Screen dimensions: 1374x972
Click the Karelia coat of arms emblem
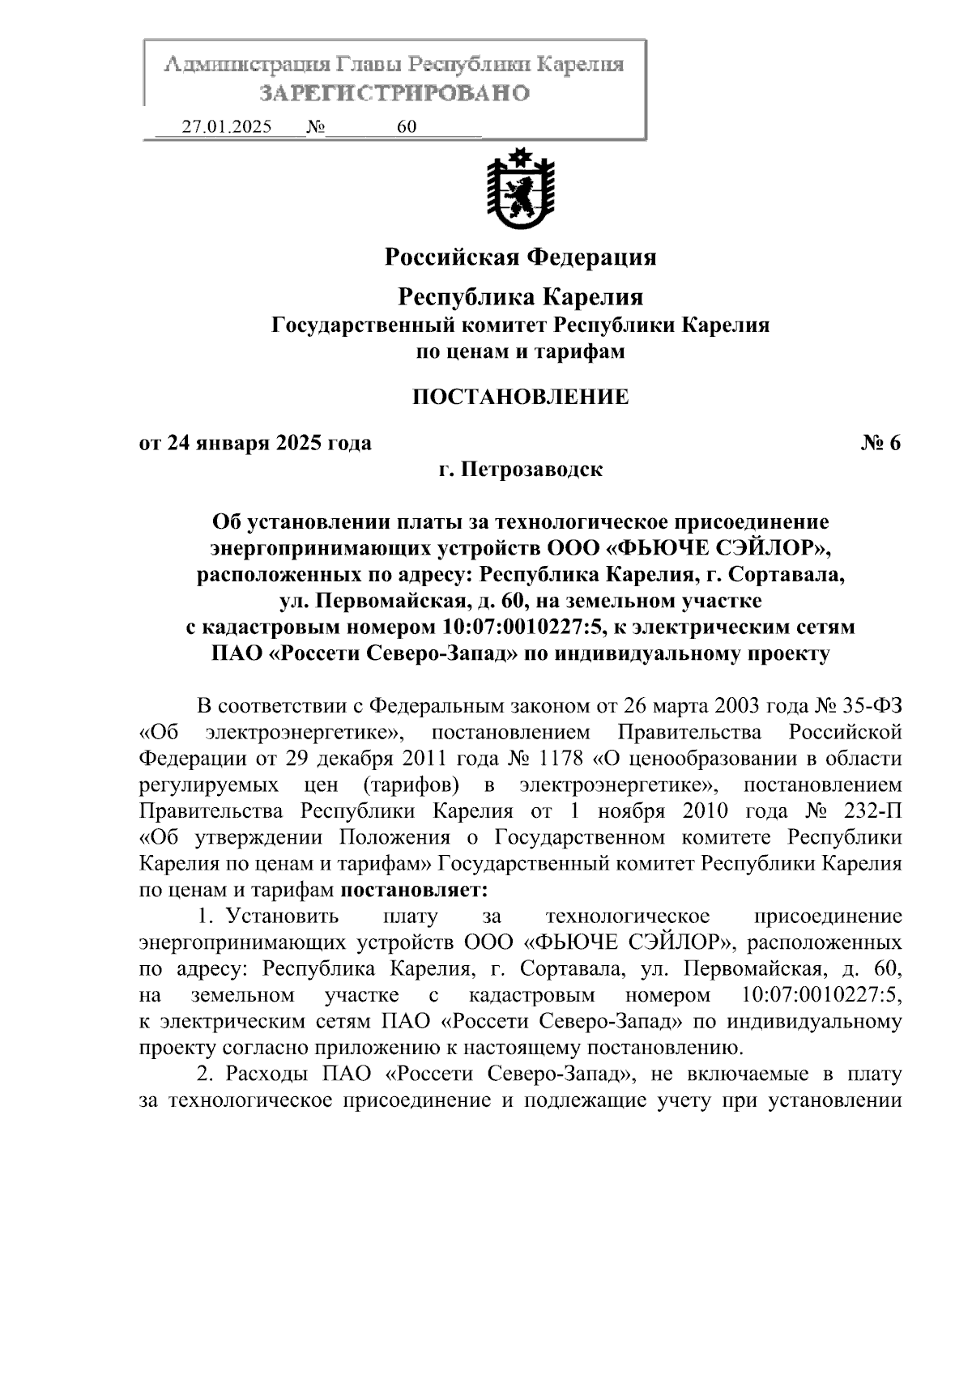520,189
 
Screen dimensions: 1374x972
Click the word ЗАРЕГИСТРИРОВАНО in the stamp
394,93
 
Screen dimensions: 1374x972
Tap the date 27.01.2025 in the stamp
228,127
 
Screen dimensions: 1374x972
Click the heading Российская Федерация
520,257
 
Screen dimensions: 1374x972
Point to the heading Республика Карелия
520,297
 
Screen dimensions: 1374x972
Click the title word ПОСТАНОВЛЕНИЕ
520,397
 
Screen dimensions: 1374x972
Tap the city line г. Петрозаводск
520,470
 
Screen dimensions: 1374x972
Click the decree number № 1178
539,759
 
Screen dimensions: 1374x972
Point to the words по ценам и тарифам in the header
520,351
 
